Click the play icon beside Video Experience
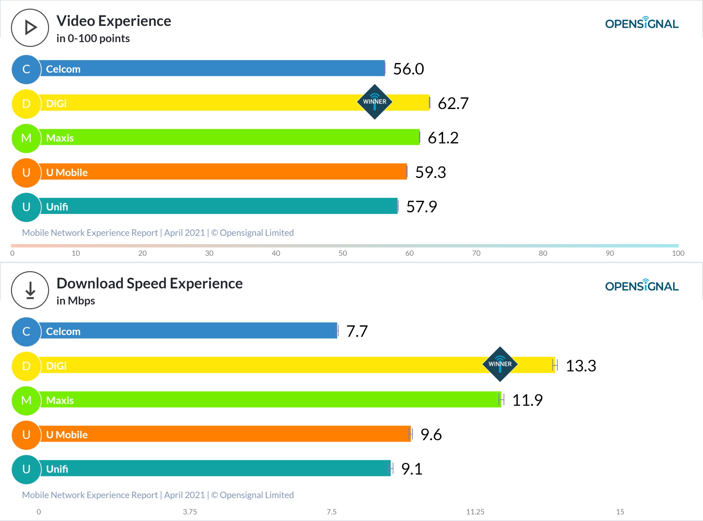click(x=30, y=28)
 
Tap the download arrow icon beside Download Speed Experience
click(x=30, y=290)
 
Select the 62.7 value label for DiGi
click(x=453, y=103)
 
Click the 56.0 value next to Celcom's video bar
click(x=408, y=69)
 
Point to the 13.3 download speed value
click(x=581, y=366)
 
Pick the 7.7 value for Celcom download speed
click(x=357, y=331)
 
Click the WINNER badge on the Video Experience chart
click(x=375, y=102)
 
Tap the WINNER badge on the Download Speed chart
click(x=500, y=364)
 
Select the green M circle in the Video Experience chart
click(x=26, y=138)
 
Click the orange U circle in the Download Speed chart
click(x=26, y=435)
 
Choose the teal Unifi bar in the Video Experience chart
click(x=218, y=206)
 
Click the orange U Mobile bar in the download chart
click(x=225, y=434)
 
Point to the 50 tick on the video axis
click(x=343, y=253)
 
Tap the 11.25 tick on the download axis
click(x=475, y=512)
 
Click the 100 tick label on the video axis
click(x=678, y=253)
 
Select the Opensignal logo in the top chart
click(x=642, y=23)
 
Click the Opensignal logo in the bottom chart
click(x=642, y=286)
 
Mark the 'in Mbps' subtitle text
click(x=76, y=301)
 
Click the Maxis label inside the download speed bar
click(x=60, y=400)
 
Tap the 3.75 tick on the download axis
click(x=190, y=512)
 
